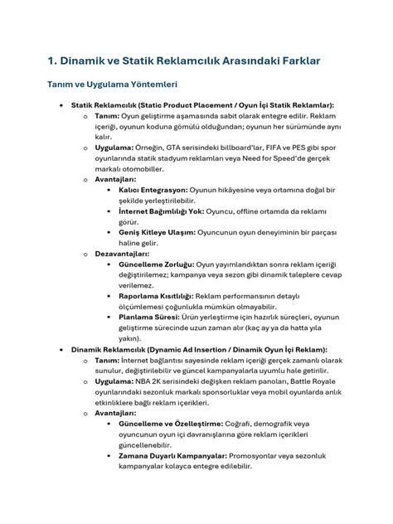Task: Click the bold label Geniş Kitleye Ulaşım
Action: point(156,233)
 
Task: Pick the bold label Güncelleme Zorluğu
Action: point(155,264)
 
